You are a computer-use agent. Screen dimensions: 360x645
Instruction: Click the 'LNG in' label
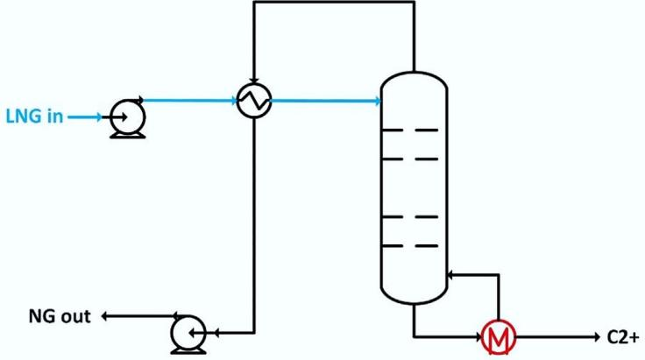click(34, 116)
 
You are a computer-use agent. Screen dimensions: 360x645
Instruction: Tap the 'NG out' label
click(63, 316)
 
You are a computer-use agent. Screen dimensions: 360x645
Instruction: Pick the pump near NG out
click(188, 332)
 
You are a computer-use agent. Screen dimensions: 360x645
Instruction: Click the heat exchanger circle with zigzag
click(254, 102)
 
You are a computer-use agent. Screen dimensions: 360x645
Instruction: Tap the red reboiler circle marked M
click(498, 335)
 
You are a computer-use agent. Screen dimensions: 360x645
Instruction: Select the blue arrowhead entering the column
click(379, 102)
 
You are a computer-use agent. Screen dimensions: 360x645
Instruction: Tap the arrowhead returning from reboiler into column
click(450, 275)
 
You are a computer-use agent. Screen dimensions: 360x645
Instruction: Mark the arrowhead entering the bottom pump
click(212, 332)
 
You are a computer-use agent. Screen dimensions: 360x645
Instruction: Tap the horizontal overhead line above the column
click(333, 3)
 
